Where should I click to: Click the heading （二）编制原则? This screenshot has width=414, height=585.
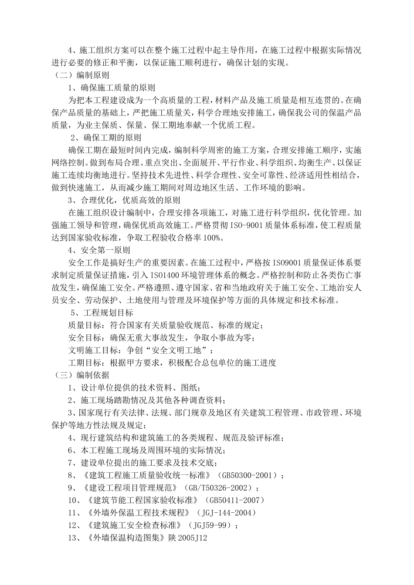click(x=81, y=75)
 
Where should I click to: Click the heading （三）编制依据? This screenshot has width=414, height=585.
click(x=81, y=375)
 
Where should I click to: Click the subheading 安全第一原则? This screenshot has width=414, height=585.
click(x=105, y=250)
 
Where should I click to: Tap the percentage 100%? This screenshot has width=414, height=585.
click(x=214, y=238)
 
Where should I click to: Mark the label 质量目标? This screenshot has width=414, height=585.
click(x=85, y=325)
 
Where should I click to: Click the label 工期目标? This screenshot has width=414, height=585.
click(x=85, y=363)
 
